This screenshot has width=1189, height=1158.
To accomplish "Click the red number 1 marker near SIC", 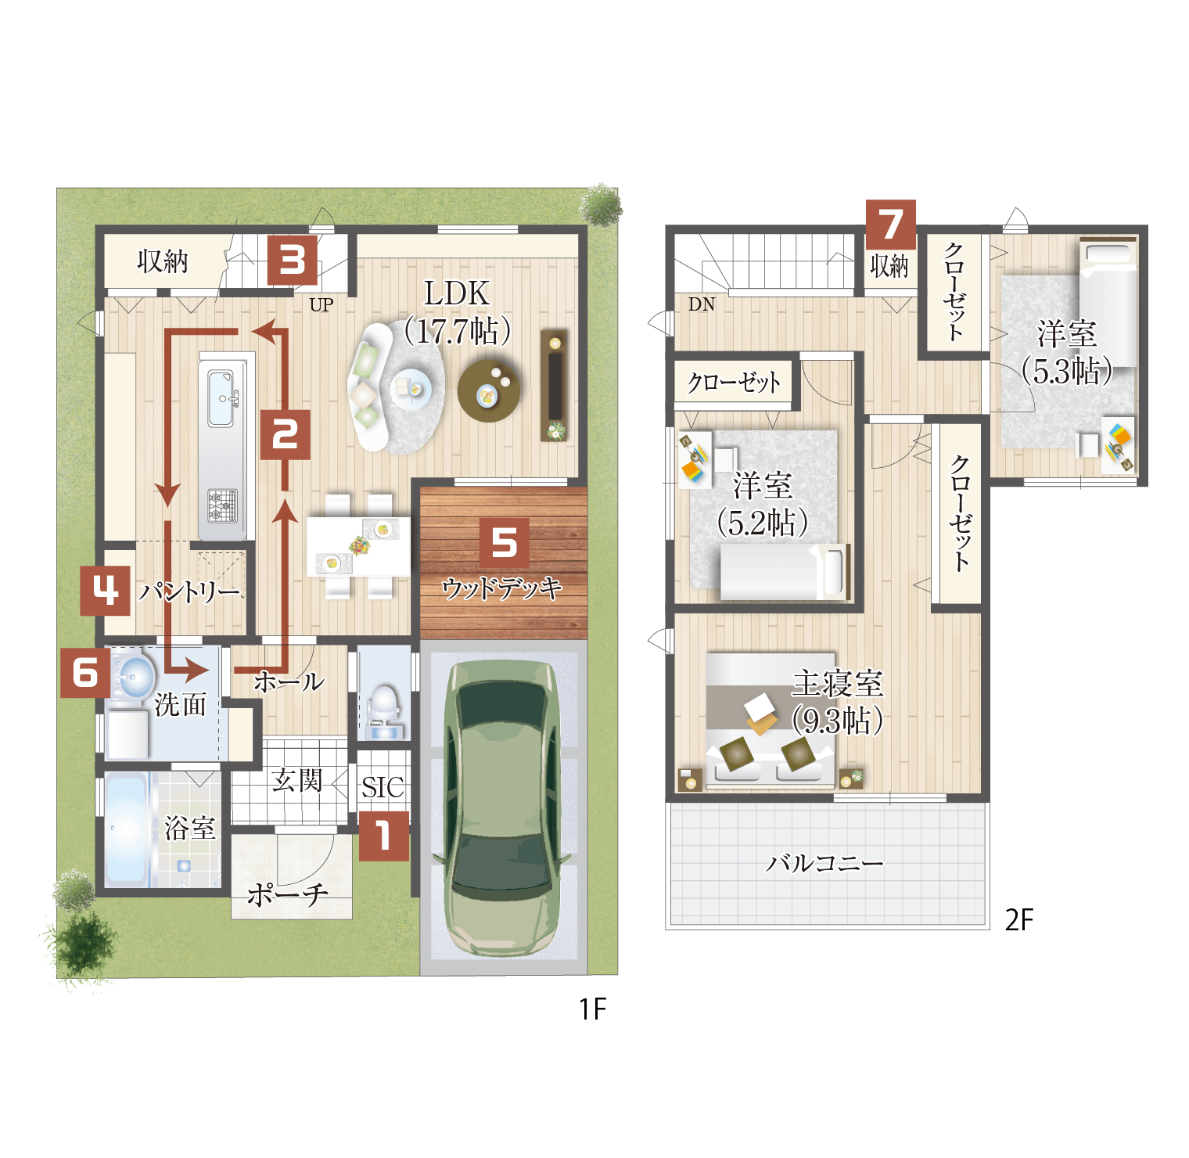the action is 384,836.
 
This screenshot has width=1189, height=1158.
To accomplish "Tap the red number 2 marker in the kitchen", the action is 285,434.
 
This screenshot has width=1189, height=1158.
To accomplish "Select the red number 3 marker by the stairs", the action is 293,260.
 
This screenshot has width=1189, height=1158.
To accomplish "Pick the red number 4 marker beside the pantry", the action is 105,591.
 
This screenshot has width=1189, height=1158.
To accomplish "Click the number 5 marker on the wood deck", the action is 505,542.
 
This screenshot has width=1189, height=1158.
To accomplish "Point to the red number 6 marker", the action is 85,672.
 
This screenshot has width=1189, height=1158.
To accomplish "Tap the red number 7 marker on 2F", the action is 891,225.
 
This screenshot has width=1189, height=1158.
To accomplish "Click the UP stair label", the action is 321,305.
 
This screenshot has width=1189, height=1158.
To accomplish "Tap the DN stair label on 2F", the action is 702,304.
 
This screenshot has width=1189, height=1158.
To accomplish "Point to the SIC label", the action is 383,787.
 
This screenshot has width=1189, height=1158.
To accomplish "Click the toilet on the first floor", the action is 383,707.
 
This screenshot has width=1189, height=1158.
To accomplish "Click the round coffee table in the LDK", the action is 489,390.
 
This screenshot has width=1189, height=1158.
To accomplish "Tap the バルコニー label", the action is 824,863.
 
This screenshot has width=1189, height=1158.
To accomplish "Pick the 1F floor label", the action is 593,1009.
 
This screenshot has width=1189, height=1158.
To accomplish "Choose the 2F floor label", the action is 1019,919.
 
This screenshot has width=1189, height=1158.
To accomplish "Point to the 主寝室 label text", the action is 838,684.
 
